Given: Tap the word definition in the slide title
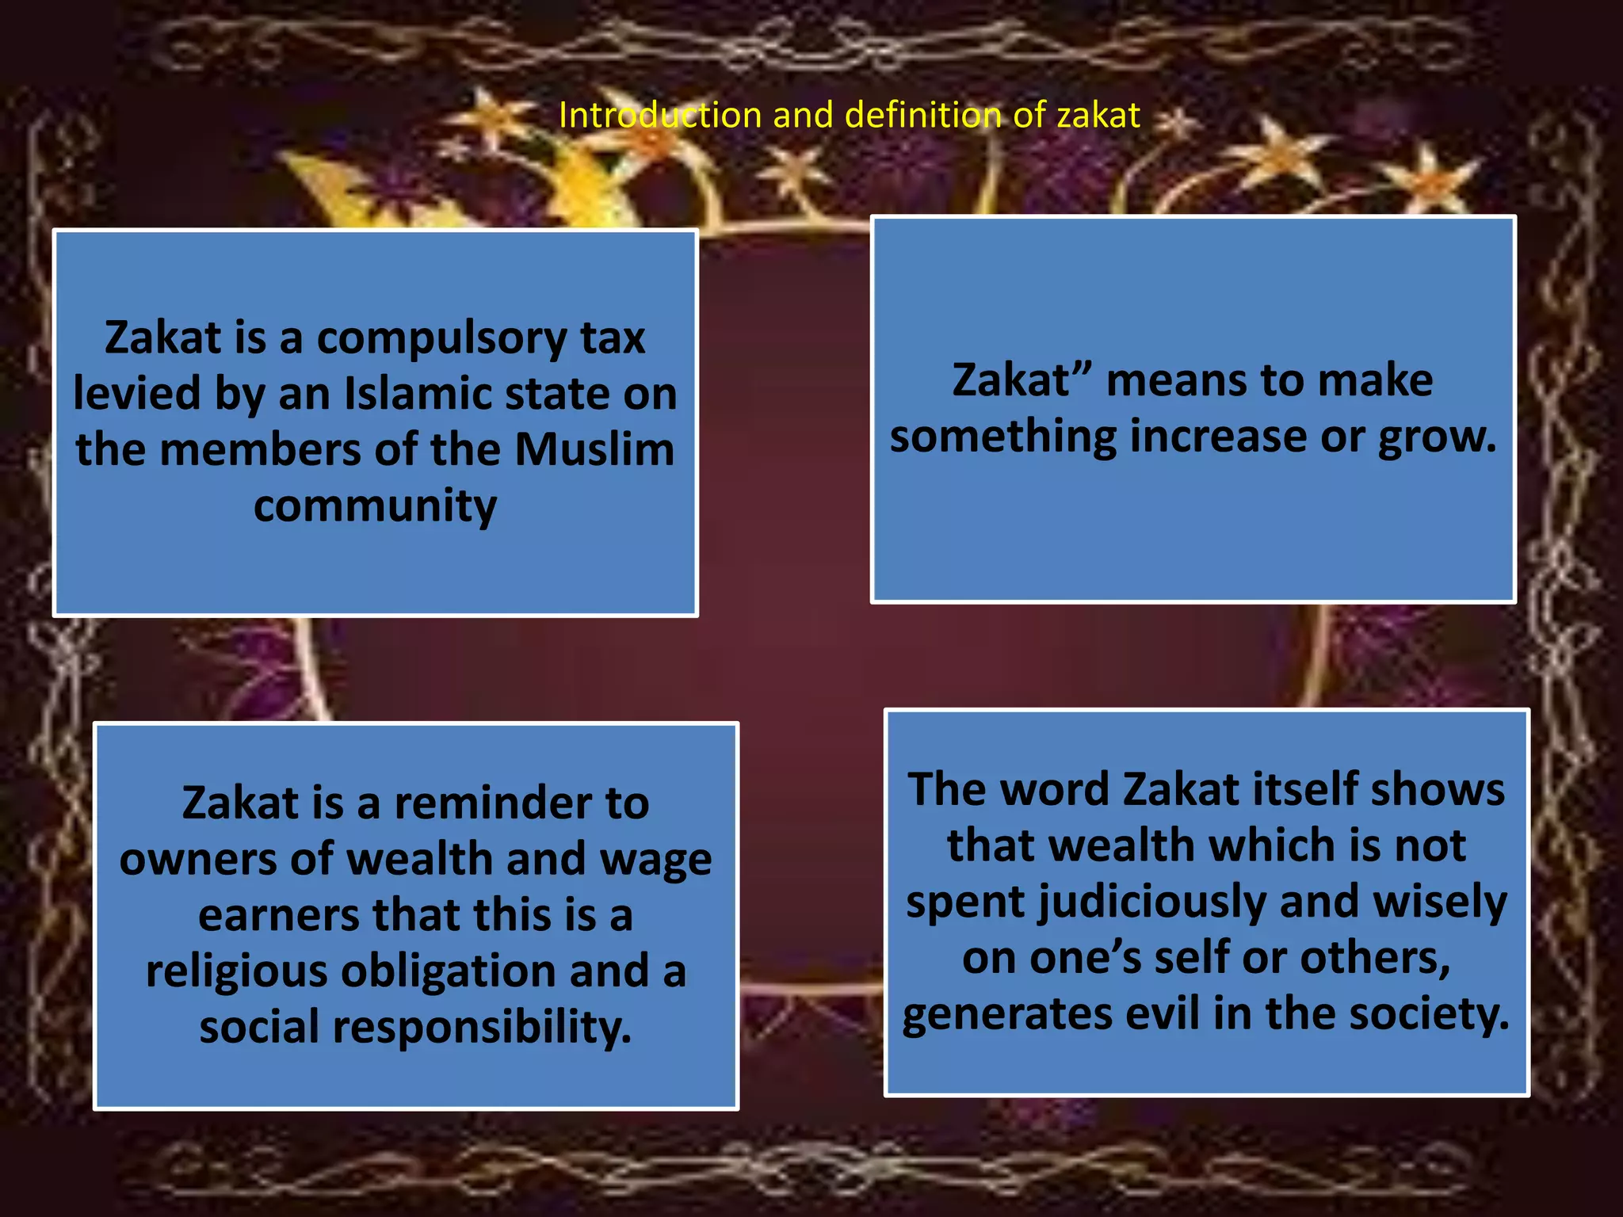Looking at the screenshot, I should click(x=923, y=116).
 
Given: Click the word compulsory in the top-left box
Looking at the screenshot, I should click(x=442, y=339).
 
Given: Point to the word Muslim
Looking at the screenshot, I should click(x=594, y=450).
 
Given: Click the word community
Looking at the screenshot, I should click(x=375, y=506).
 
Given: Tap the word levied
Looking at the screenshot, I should click(x=136, y=394).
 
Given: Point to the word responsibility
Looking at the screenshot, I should click(x=482, y=1028).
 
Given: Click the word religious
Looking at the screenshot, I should click(x=236, y=972).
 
